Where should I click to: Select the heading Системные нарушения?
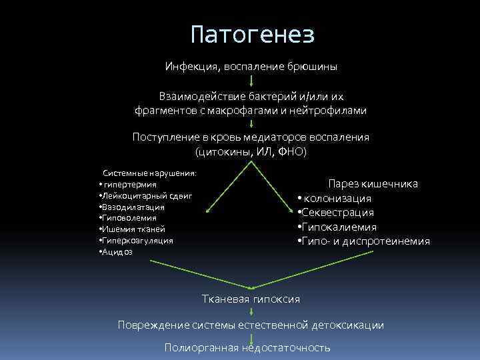tap(149, 173)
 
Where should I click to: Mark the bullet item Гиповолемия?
tap(131, 218)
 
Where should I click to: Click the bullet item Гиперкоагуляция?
tap(137, 240)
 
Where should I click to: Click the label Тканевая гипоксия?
tap(251, 299)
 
